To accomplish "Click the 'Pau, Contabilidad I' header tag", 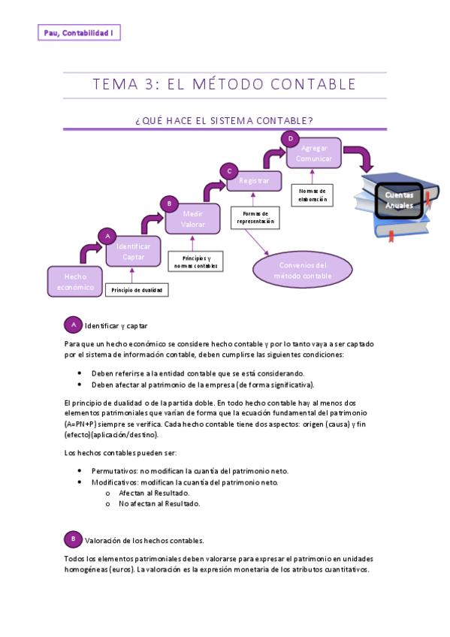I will click(79, 33).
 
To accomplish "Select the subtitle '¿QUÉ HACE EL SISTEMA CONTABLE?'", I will click(225, 120).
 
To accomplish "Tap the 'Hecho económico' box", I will click(74, 281).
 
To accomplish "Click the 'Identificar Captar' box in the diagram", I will click(133, 252).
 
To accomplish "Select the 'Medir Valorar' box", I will click(193, 219).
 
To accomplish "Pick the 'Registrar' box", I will click(254, 181).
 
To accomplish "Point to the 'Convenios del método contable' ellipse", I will click(301, 270).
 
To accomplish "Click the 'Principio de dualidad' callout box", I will click(136, 290).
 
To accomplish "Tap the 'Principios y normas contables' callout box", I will click(195, 261).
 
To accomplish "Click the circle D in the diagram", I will click(290, 138).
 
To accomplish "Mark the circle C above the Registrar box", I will click(230, 171).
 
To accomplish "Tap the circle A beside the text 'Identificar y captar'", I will click(73, 325).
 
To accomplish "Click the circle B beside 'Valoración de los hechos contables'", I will click(73, 539).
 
